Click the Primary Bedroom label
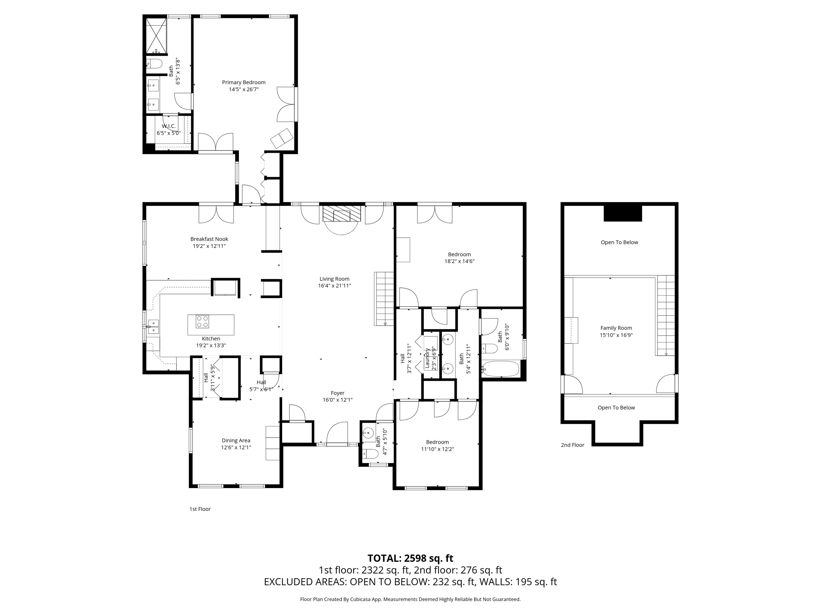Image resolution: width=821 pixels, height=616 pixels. coord(244,83)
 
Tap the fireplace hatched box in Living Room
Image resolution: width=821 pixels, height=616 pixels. coord(342,214)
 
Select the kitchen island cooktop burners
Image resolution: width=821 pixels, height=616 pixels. coord(202,321)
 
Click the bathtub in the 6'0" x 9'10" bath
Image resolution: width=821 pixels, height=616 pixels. coord(501,369)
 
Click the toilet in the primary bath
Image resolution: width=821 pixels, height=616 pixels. coord(154,64)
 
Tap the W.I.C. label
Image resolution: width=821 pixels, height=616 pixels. coord(169,126)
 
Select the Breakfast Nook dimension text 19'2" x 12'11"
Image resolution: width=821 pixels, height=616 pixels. coord(209,246)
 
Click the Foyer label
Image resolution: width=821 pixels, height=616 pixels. coord(338,393)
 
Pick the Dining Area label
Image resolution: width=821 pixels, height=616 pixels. coord(236,440)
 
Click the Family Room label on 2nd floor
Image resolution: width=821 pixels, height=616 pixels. coord(616,328)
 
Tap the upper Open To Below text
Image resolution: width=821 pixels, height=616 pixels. coord(619,242)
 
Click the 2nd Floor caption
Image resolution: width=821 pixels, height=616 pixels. coord(572,445)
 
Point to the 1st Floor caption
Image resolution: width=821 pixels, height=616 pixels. coord(200,509)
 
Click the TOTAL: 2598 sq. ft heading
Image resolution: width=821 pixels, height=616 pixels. coord(410,558)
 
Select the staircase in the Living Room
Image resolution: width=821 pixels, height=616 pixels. coord(384,299)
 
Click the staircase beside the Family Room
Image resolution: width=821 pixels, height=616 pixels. coord(666,315)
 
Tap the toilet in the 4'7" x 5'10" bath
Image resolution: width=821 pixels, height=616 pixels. coord(370,454)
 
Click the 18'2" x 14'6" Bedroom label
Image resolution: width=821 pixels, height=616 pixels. coord(459,254)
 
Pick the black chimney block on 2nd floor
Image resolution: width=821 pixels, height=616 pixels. coord(623,213)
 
